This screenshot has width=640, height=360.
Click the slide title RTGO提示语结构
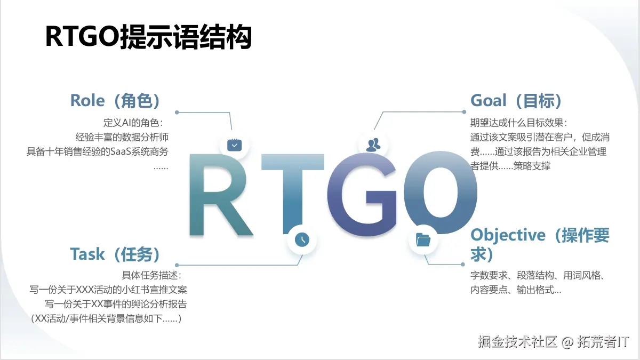148,38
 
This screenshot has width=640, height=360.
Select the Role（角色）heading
115,100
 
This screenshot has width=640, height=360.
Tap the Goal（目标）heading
516,100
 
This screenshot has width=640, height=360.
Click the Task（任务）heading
115,254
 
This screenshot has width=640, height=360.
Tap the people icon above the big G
373,144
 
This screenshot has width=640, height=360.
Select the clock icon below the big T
302,239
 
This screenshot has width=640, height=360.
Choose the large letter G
362,195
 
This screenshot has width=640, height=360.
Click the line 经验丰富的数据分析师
122,137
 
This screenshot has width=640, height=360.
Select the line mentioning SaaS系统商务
98,151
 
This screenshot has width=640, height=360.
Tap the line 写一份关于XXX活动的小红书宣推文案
108,290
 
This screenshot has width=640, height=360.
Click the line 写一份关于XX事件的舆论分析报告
116,304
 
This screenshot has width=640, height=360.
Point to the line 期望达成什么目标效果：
519,123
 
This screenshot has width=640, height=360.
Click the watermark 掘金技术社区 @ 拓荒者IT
554,341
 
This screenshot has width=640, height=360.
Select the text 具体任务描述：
152,275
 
